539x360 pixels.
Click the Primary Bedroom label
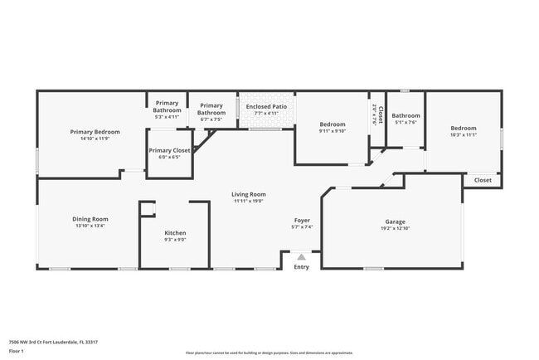pyautogui.click(x=95, y=132)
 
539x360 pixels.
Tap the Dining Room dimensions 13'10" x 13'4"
pyautogui.click(x=90, y=226)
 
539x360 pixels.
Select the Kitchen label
pyautogui.click(x=175, y=233)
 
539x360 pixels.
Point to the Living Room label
pyautogui.click(x=248, y=194)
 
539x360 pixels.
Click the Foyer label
pyautogui.click(x=302, y=221)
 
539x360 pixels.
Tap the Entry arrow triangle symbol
pyautogui.click(x=301, y=258)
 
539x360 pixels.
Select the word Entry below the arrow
pyautogui.click(x=301, y=266)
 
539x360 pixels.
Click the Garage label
pyautogui.click(x=394, y=221)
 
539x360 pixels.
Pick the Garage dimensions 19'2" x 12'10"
pyautogui.click(x=394, y=228)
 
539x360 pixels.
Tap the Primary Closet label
pyautogui.click(x=169, y=150)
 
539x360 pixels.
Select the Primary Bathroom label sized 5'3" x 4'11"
pyautogui.click(x=168, y=107)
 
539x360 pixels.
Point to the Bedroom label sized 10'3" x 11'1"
pyautogui.click(x=464, y=128)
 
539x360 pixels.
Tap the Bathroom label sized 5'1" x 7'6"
pyautogui.click(x=406, y=116)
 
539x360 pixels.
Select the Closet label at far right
pyautogui.click(x=483, y=180)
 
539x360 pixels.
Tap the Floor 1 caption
pyautogui.click(x=17, y=351)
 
